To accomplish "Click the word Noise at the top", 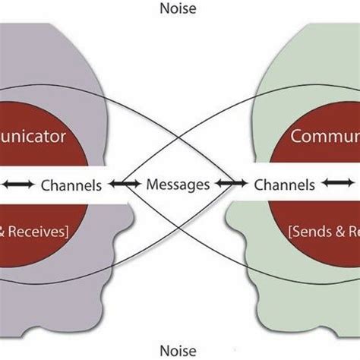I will click(x=179, y=10).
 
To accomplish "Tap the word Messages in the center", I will click(x=179, y=184).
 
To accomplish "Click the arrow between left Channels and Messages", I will click(x=125, y=184).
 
